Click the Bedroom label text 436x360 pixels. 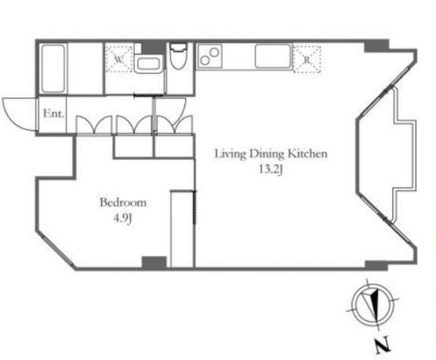click(123, 203)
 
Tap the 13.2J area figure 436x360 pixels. click(271, 169)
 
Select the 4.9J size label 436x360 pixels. click(122, 218)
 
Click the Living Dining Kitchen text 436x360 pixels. click(271, 154)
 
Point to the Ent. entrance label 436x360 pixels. click(54, 114)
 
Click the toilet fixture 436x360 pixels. click(178, 55)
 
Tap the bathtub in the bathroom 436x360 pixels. click(53, 69)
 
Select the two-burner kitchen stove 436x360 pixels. click(210, 57)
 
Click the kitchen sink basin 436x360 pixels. click(273, 56)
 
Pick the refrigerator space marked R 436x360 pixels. click(307, 60)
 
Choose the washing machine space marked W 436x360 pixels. click(119, 59)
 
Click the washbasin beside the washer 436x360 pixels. click(147, 64)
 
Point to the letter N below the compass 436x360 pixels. click(383, 345)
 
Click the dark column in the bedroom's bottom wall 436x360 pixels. click(154, 262)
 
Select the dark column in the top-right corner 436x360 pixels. click(376, 46)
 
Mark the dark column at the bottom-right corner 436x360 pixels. click(376, 265)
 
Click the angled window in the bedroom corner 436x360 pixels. click(57, 251)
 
